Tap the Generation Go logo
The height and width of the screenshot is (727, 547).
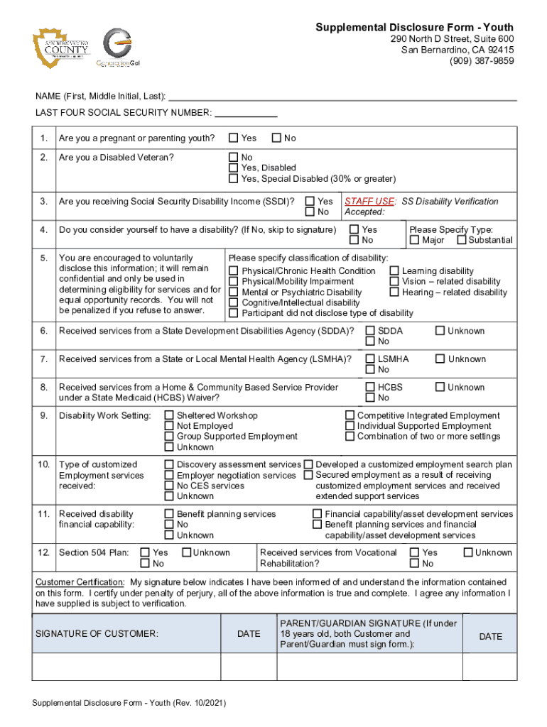[117, 48]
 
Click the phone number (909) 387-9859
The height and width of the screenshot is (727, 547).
[481, 61]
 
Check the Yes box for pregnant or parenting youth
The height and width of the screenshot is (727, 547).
[232, 138]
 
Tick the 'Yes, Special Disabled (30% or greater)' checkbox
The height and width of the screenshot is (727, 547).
[232, 179]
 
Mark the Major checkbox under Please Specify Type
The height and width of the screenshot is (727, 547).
[415, 240]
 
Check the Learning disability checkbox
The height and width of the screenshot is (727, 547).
[394, 271]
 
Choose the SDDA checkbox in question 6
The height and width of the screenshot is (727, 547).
[370, 331]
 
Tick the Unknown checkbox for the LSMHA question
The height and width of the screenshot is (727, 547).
[440, 359]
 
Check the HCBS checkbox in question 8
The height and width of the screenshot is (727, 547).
[370, 388]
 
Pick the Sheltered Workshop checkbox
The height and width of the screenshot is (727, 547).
[169, 415]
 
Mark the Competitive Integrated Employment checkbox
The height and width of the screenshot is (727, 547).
[350, 415]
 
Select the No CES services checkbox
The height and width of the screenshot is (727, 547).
[169, 486]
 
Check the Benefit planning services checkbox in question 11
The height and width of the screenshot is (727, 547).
[169, 514]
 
